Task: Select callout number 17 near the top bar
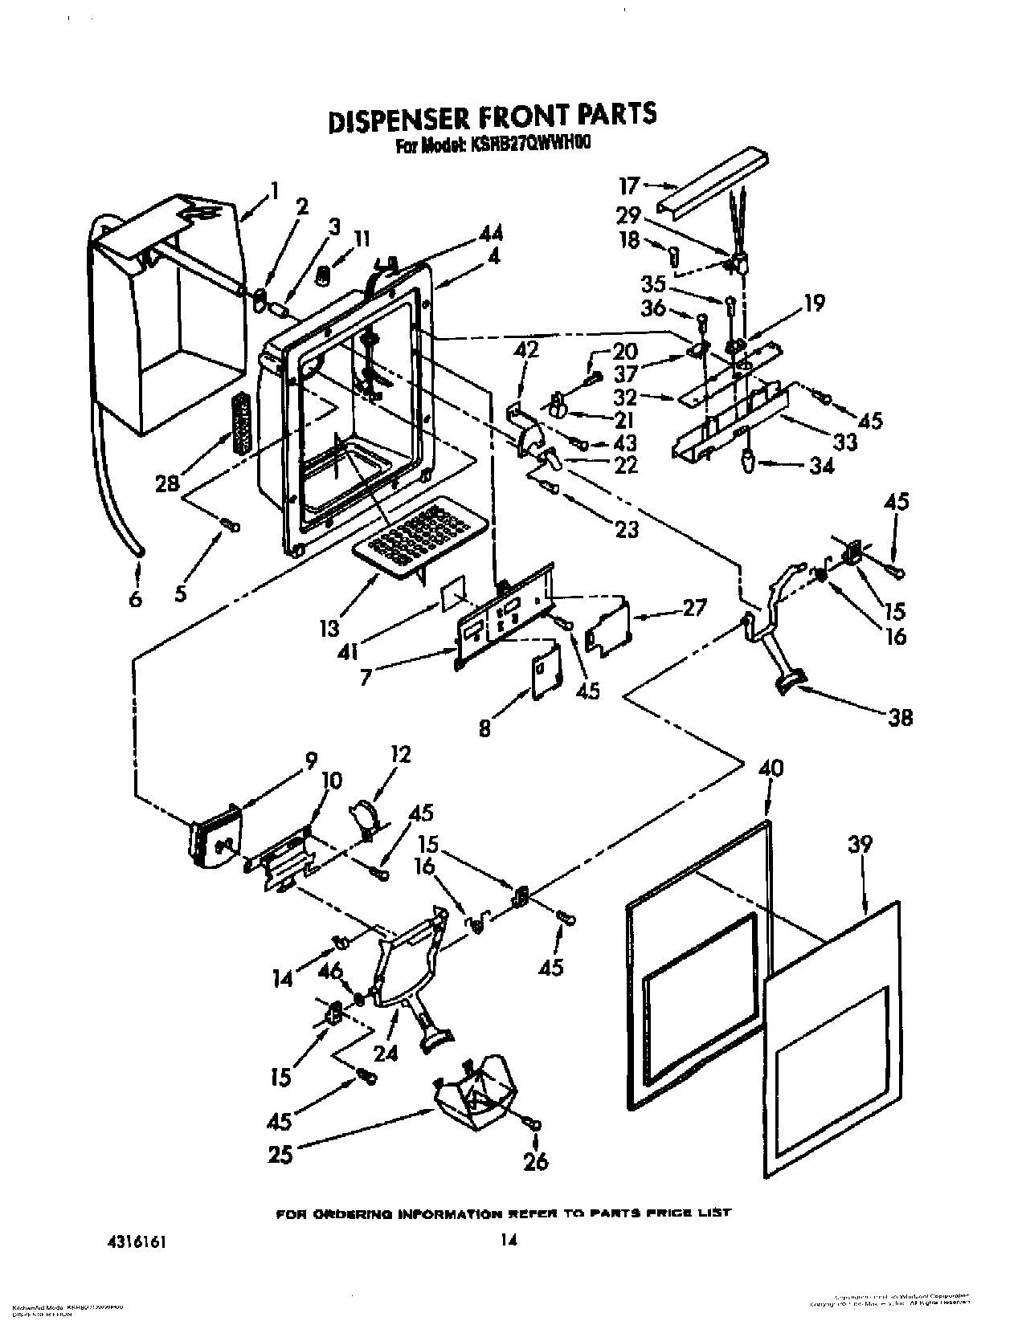point(628,186)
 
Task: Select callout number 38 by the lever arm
point(901,716)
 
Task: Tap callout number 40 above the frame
point(771,768)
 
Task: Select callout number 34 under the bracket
point(821,465)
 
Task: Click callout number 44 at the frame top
point(490,234)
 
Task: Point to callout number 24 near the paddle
point(386,1053)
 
